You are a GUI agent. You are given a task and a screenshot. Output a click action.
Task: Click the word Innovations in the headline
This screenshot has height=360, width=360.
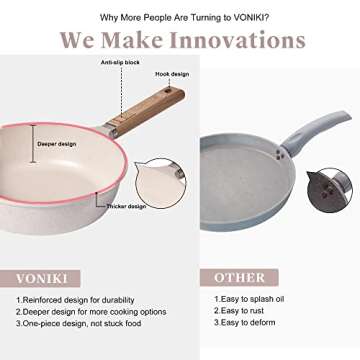pyautogui.click(x=235, y=41)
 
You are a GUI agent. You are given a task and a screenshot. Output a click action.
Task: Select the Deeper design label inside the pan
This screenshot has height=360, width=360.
pyautogui.click(x=57, y=143)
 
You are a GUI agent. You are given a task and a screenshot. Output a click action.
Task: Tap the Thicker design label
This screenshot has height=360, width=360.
pyautogui.click(x=127, y=207)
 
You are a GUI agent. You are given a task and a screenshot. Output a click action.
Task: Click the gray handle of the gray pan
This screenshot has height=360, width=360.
pyautogui.click(x=321, y=131)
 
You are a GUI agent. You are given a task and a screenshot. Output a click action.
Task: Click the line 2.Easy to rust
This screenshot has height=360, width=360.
pyautogui.click(x=240, y=311)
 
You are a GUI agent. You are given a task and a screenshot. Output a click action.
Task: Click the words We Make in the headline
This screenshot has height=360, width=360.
pyautogui.click(x=109, y=41)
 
